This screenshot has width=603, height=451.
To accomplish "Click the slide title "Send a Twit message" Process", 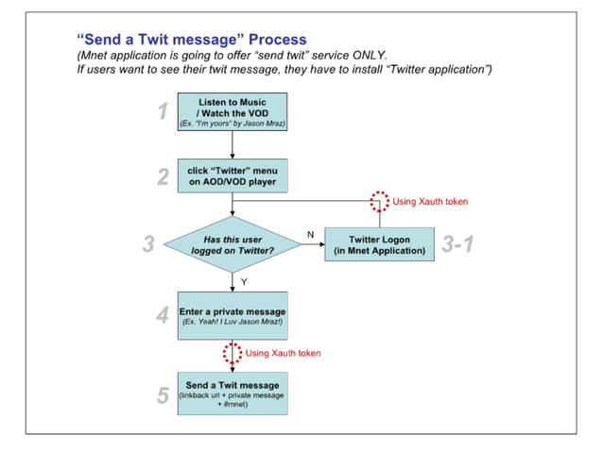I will click(x=191, y=40).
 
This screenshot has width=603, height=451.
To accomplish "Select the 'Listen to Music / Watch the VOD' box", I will click(x=232, y=112).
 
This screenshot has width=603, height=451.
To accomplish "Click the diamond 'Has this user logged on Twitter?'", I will click(x=232, y=245).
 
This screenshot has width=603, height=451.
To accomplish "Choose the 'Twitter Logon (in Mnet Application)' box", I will click(x=380, y=245).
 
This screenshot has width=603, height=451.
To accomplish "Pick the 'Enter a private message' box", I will click(x=232, y=315).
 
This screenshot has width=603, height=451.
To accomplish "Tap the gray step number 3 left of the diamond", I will click(x=147, y=245).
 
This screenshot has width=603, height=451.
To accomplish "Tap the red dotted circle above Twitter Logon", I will click(x=379, y=202).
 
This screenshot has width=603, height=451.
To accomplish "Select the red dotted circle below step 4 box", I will click(x=232, y=353).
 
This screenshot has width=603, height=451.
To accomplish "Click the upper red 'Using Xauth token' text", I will click(x=430, y=202).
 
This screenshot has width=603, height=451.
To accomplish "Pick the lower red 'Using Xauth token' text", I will click(x=283, y=353).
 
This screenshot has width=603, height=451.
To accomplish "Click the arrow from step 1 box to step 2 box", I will click(x=232, y=144).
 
